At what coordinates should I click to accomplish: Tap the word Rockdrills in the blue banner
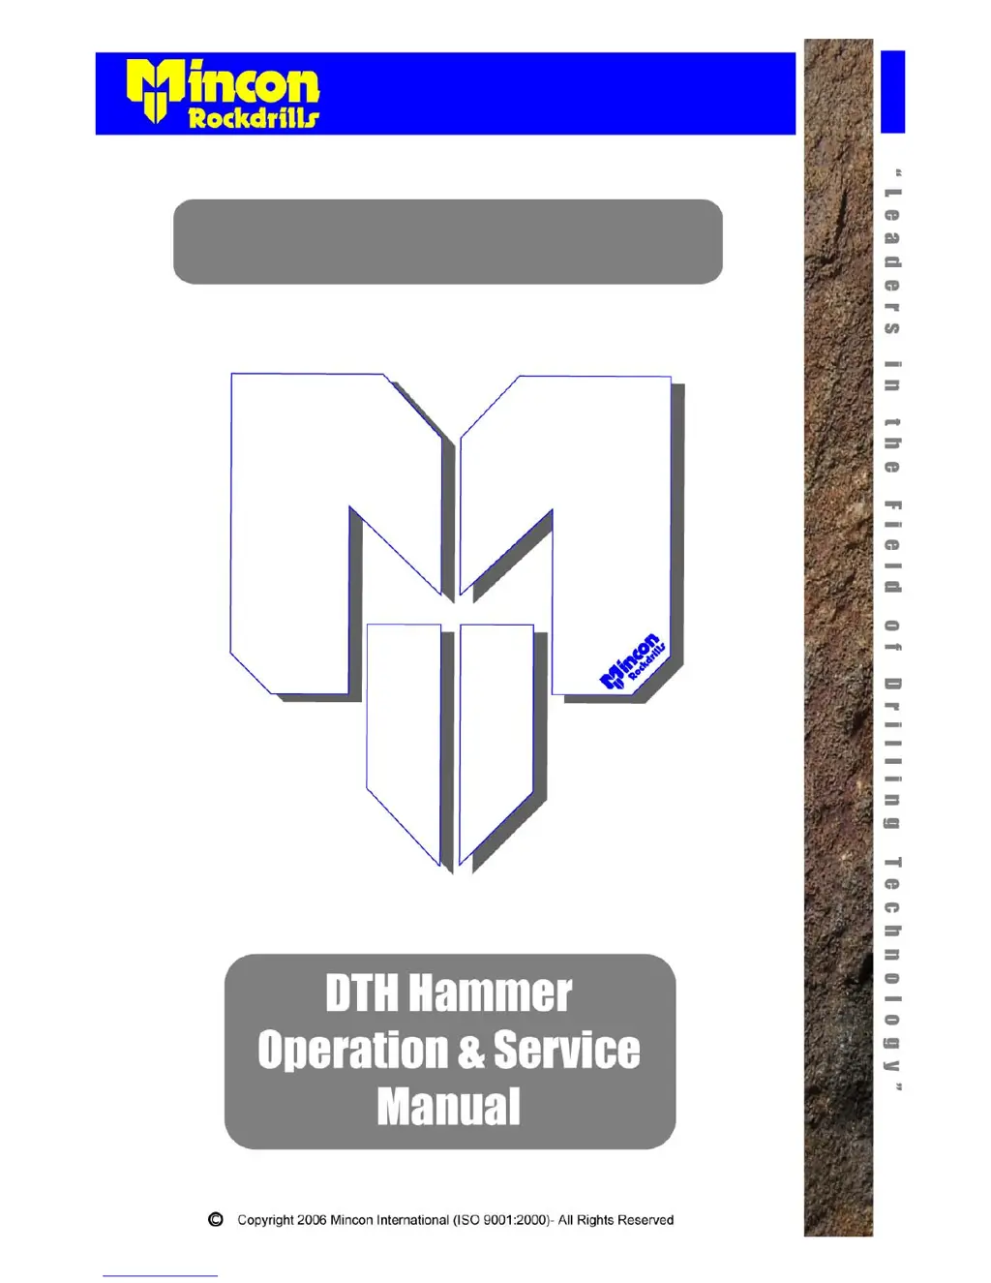point(253,118)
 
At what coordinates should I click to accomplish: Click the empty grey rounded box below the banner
point(447,241)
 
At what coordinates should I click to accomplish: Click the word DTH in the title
point(361,993)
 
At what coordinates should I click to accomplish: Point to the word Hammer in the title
point(490,993)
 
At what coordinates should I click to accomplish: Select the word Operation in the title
point(352,1051)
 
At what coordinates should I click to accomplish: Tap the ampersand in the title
point(471,1052)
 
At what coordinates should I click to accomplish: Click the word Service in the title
point(566,1051)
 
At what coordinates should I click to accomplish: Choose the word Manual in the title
point(449,1107)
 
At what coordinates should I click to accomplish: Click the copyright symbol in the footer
point(216,1219)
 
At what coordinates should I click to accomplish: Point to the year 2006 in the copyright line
point(312,1220)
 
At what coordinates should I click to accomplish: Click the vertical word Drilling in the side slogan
point(892,753)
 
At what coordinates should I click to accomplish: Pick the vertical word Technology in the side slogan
point(892,963)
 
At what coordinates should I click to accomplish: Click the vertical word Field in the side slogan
point(892,547)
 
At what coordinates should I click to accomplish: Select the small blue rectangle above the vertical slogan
point(892,91)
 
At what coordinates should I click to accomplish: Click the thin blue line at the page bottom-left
point(160,1276)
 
